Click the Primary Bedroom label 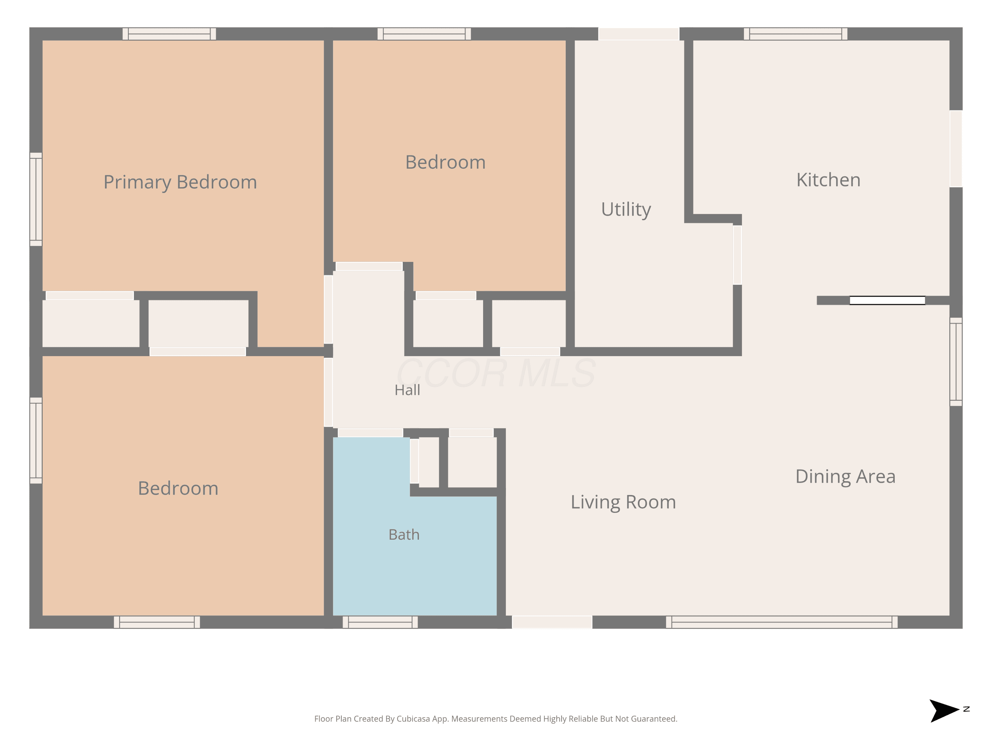(180, 182)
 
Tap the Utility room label (626, 209)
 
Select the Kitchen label (828, 180)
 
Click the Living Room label (623, 502)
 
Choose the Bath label (404, 535)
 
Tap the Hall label (407, 390)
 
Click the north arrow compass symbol (946, 711)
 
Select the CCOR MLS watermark (496, 373)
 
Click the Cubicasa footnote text (496, 719)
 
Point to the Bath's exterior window (380, 622)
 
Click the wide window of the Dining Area (782, 622)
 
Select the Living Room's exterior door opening (552, 622)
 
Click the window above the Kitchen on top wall (796, 34)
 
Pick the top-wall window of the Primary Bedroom (169, 34)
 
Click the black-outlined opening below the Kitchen (887, 301)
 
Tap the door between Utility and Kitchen (737, 255)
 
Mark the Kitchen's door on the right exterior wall (956, 148)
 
